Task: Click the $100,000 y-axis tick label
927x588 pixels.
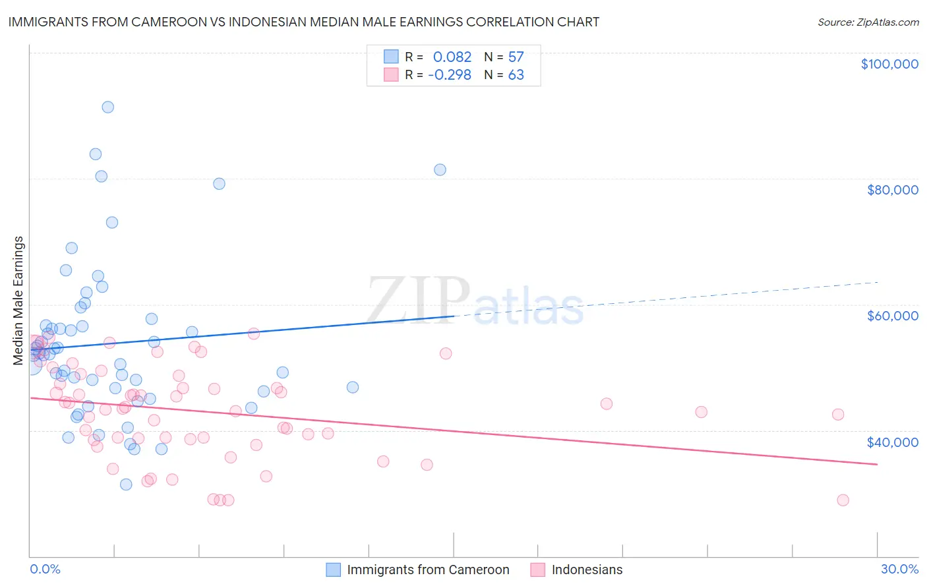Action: (889, 64)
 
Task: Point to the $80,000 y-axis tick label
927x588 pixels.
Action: (892, 190)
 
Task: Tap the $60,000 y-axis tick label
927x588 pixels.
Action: (892, 316)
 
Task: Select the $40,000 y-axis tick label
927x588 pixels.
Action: (892, 442)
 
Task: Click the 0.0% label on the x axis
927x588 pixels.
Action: (45, 569)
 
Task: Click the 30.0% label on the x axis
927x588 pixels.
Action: (899, 569)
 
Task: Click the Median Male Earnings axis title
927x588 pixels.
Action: (18, 300)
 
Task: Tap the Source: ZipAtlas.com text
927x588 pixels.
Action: (868, 22)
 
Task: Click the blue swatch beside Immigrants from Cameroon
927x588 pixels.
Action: (334, 570)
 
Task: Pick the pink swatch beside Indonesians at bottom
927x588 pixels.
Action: (538, 570)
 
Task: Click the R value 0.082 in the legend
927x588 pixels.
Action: (452, 57)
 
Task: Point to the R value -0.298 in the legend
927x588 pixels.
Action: (450, 75)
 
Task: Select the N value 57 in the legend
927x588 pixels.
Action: (516, 57)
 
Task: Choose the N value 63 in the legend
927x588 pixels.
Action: (516, 75)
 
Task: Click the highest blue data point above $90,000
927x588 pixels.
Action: (107, 107)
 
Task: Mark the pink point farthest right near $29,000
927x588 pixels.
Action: (843, 500)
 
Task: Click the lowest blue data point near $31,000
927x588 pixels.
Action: (126, 485)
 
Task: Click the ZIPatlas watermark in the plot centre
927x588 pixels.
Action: (475, 302)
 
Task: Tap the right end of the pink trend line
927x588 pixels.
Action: (877, 465)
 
